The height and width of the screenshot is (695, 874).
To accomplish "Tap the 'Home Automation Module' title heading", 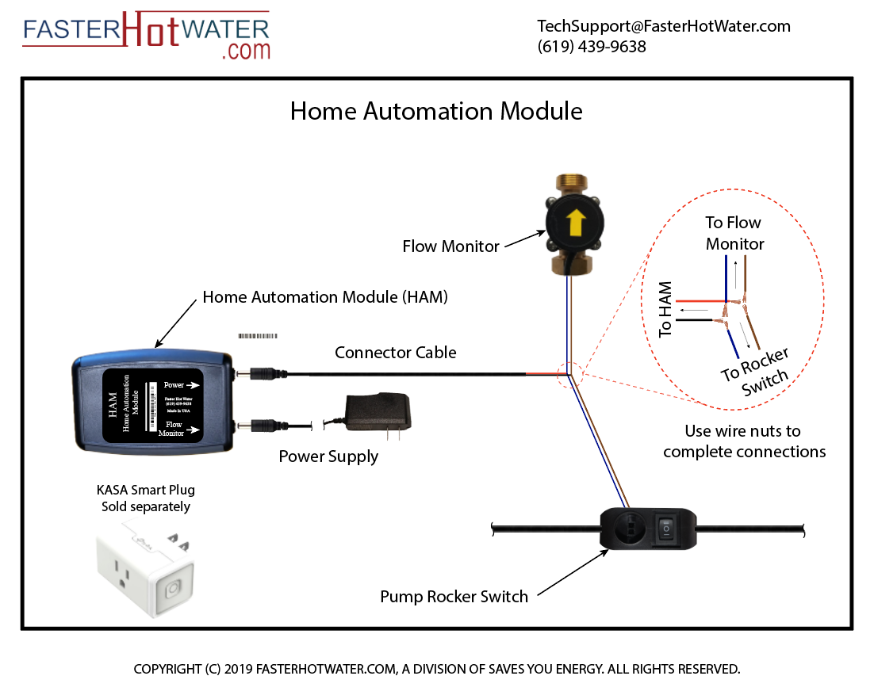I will pyautogui.click(x=436, y=111).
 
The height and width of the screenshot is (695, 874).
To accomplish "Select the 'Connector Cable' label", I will pyautogui.click(x=396, y=352).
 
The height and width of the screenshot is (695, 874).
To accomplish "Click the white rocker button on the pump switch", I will pyautogui.click(x=669, y=525).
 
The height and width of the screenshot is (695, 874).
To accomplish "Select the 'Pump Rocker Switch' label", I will pyautogui.click(x=454, y=597).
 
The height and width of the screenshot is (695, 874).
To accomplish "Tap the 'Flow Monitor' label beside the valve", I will pyautogui.click(x=450, y=246).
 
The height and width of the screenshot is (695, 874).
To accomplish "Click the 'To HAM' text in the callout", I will pyautogui.click(x=665, y=310).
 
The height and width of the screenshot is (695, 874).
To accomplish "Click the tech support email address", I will pyautogui.click(x=664, y=26).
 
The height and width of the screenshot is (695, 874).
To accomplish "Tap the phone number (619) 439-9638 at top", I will pyautogui.click(x=592, y=47).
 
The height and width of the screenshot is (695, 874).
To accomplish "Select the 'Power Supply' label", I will pyautogui.click(x=328, y=457).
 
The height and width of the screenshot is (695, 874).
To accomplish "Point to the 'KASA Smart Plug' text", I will pyautogui.click(x=145, y=491).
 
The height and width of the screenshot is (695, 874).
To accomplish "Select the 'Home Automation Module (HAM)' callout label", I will pyautogui.click(x=325, y=297).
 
